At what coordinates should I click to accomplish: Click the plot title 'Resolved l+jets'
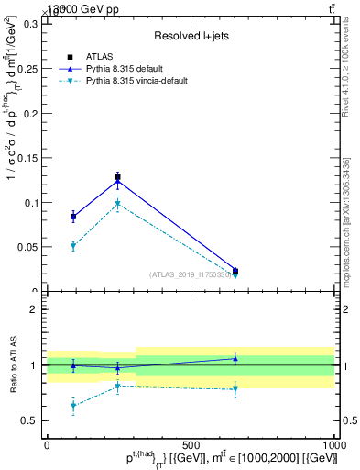(190, 37)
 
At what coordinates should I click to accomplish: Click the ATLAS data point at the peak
(117, 177)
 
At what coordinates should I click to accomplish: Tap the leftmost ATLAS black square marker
(73, 217)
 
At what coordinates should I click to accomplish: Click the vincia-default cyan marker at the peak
(117, 205)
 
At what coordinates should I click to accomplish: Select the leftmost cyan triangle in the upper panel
(73, 246)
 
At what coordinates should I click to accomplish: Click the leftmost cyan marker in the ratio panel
(73, 405)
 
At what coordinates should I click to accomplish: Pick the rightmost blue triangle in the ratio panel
(235, 358)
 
